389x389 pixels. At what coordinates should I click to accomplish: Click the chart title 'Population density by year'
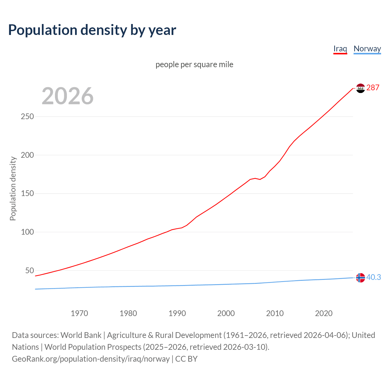tap(92, 30)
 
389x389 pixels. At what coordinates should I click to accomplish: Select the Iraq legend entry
tap(340, 49)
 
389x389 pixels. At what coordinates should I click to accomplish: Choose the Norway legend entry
tap(367, 49)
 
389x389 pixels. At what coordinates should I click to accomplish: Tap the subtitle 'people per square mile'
tap(194, 65)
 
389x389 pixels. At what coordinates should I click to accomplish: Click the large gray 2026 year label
tap(67, 96)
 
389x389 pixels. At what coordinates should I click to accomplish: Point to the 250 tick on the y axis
tap(27, 117)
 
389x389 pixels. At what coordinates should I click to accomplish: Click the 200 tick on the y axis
tap(27, 155)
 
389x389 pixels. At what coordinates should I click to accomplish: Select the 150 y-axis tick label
tap(27, 194)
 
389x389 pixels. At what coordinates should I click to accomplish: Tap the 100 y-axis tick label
tap(27, 232)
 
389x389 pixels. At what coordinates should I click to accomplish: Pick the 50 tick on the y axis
tap(29, 270)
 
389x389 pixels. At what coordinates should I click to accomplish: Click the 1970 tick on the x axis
tap(79, 313)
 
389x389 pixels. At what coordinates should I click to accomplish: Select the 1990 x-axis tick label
tap(177, 313)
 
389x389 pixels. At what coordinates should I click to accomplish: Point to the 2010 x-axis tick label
tap(275, 313)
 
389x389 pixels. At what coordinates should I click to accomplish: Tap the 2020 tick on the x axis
tap(324, 313)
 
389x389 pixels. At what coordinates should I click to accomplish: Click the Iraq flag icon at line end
tap(360, 88)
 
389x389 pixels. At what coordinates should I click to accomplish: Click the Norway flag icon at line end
tap(360, 277)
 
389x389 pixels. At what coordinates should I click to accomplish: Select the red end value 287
tap(373, 88)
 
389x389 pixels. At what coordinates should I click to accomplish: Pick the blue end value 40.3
tap(374, 277)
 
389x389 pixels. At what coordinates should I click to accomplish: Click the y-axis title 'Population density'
tap(13, 188)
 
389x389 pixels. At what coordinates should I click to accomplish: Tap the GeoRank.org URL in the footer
tap(91, 359)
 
